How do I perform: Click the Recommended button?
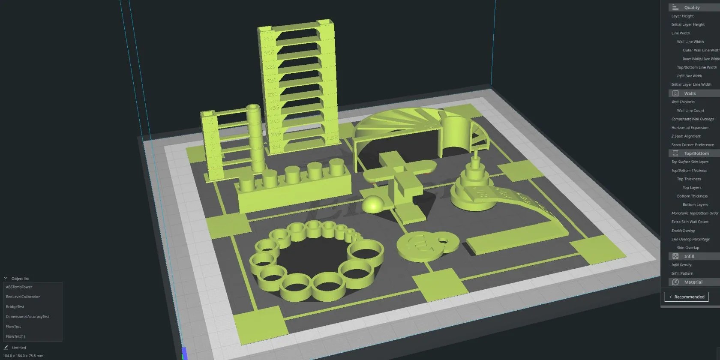tap(687, 297)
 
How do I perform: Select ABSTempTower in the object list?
tap(19, 287)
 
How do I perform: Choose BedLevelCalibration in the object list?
tap(23, 297)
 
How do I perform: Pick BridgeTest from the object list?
tap(15, 307)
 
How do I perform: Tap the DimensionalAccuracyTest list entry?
tap(27, 317)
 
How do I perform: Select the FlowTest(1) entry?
tap(15, 336)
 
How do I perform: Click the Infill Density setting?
tap(681, 265)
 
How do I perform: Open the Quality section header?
tap(692, 7)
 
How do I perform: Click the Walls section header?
tap(690, 93)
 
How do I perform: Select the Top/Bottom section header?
tap(696, 153)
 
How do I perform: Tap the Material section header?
tap(693, 282)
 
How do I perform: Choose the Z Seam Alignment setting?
tap(686, 136)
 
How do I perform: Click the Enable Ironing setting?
tap(683, 231)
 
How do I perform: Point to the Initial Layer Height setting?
tap(688, 24)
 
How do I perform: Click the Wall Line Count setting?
tap(690, 111)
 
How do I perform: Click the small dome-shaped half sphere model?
tap(372, 204)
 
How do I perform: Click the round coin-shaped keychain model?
tap(422, 247)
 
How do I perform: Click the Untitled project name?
tap(19, 348)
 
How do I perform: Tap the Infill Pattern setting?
tap(682, 273)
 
